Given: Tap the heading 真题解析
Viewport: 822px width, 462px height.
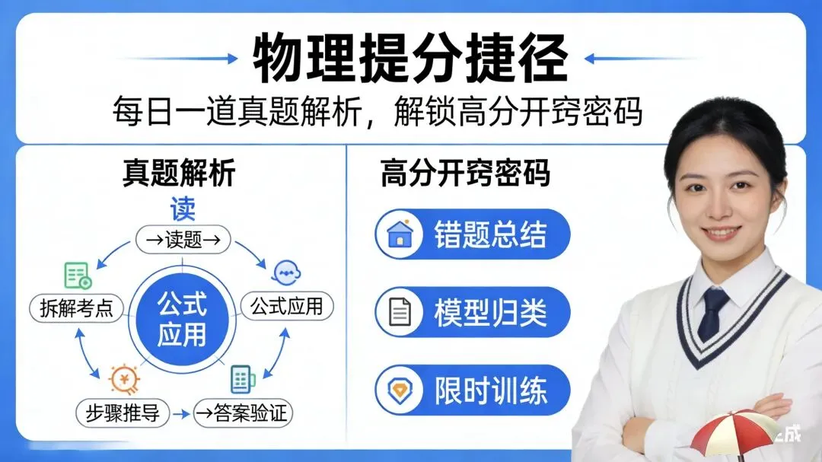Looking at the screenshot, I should (x=179, y=174).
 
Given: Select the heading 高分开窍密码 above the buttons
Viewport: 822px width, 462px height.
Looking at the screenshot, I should (x=465, y=174).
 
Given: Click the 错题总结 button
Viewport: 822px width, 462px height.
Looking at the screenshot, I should (x=473, y=234).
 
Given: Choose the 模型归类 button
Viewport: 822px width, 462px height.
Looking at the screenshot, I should (x=473, y=312).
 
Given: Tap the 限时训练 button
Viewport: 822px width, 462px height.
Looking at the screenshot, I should (x=473, y=390).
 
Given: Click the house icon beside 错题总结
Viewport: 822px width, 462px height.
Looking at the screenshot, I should (x=400, y=234).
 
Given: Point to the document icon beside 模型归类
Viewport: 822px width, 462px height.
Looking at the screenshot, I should (x=400, y=312).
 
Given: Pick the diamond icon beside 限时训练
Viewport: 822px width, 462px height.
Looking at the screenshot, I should (x=400, y=390).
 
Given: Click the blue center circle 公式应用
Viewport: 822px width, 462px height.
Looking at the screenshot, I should (x=182, y=320).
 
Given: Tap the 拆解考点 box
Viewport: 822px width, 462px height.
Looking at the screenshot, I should (x=76, y=308).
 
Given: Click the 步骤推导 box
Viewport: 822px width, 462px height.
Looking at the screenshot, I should (x=123, y=413).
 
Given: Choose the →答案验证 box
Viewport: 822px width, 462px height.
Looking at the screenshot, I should (x=242, y=413).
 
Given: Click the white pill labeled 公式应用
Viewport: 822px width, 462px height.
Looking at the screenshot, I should (x=287, y=307).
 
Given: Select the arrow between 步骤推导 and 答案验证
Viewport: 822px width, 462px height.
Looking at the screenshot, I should (x=180, y=414).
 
